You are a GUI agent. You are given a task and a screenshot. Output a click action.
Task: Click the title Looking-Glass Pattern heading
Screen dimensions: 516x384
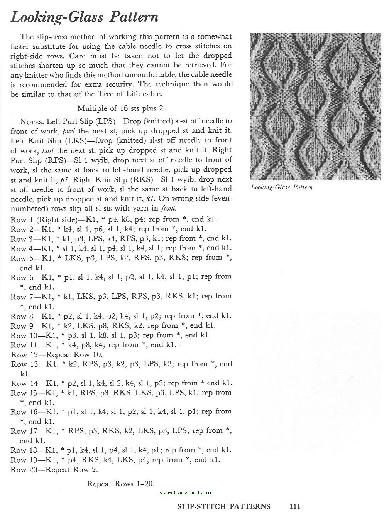[85, 17]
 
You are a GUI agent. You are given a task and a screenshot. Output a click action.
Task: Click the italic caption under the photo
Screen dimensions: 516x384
[281, 187]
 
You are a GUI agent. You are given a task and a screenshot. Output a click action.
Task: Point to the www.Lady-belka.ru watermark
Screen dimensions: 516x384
[185, 492]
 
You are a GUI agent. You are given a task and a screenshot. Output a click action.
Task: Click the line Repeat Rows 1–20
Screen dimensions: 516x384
[121, 484]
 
